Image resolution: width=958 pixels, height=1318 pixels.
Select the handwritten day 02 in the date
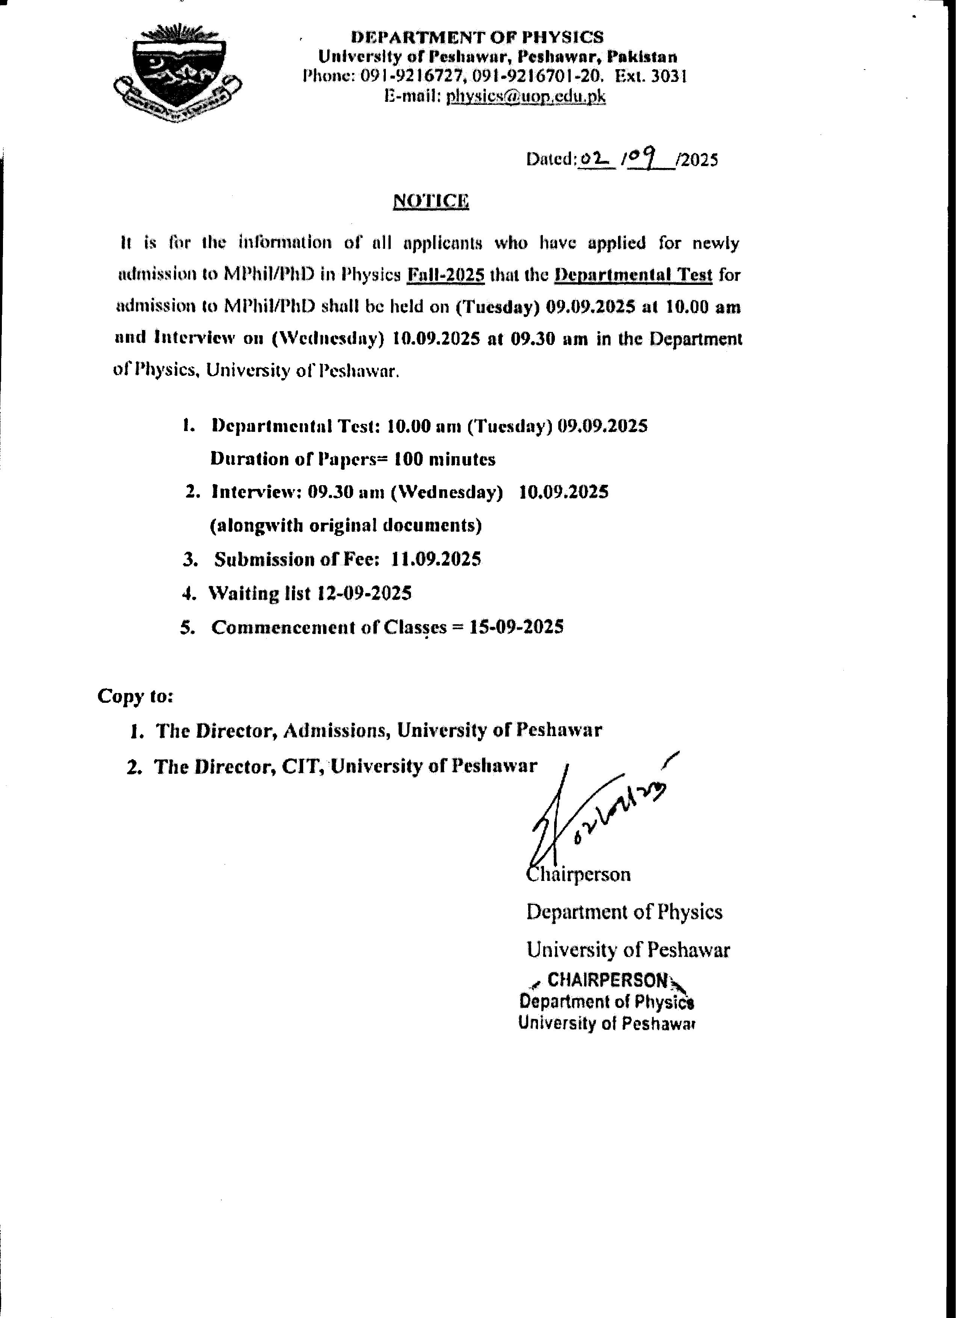point(593,158)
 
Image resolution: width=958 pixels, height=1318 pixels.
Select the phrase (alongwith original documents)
point(346,525)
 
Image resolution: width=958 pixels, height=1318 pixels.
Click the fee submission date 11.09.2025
point(436,559)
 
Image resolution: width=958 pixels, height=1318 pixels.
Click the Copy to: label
point(135,696)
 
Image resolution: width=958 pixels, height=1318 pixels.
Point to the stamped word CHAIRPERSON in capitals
point(608,981)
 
